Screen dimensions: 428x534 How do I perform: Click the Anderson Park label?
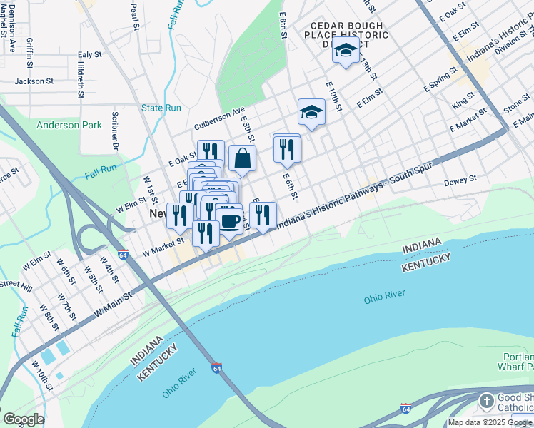click(x=69, y=125)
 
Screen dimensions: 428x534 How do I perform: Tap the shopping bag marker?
click(x=242, y=158)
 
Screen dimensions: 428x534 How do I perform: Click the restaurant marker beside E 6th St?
click(x=287, y=149)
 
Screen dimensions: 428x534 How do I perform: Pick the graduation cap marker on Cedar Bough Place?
click(x=346, y=51)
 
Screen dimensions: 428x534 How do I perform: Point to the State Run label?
click(x=161, y=108)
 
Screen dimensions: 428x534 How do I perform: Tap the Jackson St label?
click(x=34, y=81)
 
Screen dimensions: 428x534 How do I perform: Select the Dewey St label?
click(x=460, y=182)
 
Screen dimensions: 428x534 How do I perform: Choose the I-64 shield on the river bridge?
click(x=216, y=368)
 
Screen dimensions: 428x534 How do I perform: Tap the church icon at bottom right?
click(x=486, y=400)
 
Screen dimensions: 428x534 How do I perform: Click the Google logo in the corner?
click(x=24, y=419)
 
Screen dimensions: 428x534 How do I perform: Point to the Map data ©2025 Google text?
click(x=490, y=422)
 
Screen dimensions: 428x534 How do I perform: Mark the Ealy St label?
click(x=90, y=54)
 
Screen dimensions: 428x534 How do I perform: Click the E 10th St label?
click(x=333, y=96)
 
